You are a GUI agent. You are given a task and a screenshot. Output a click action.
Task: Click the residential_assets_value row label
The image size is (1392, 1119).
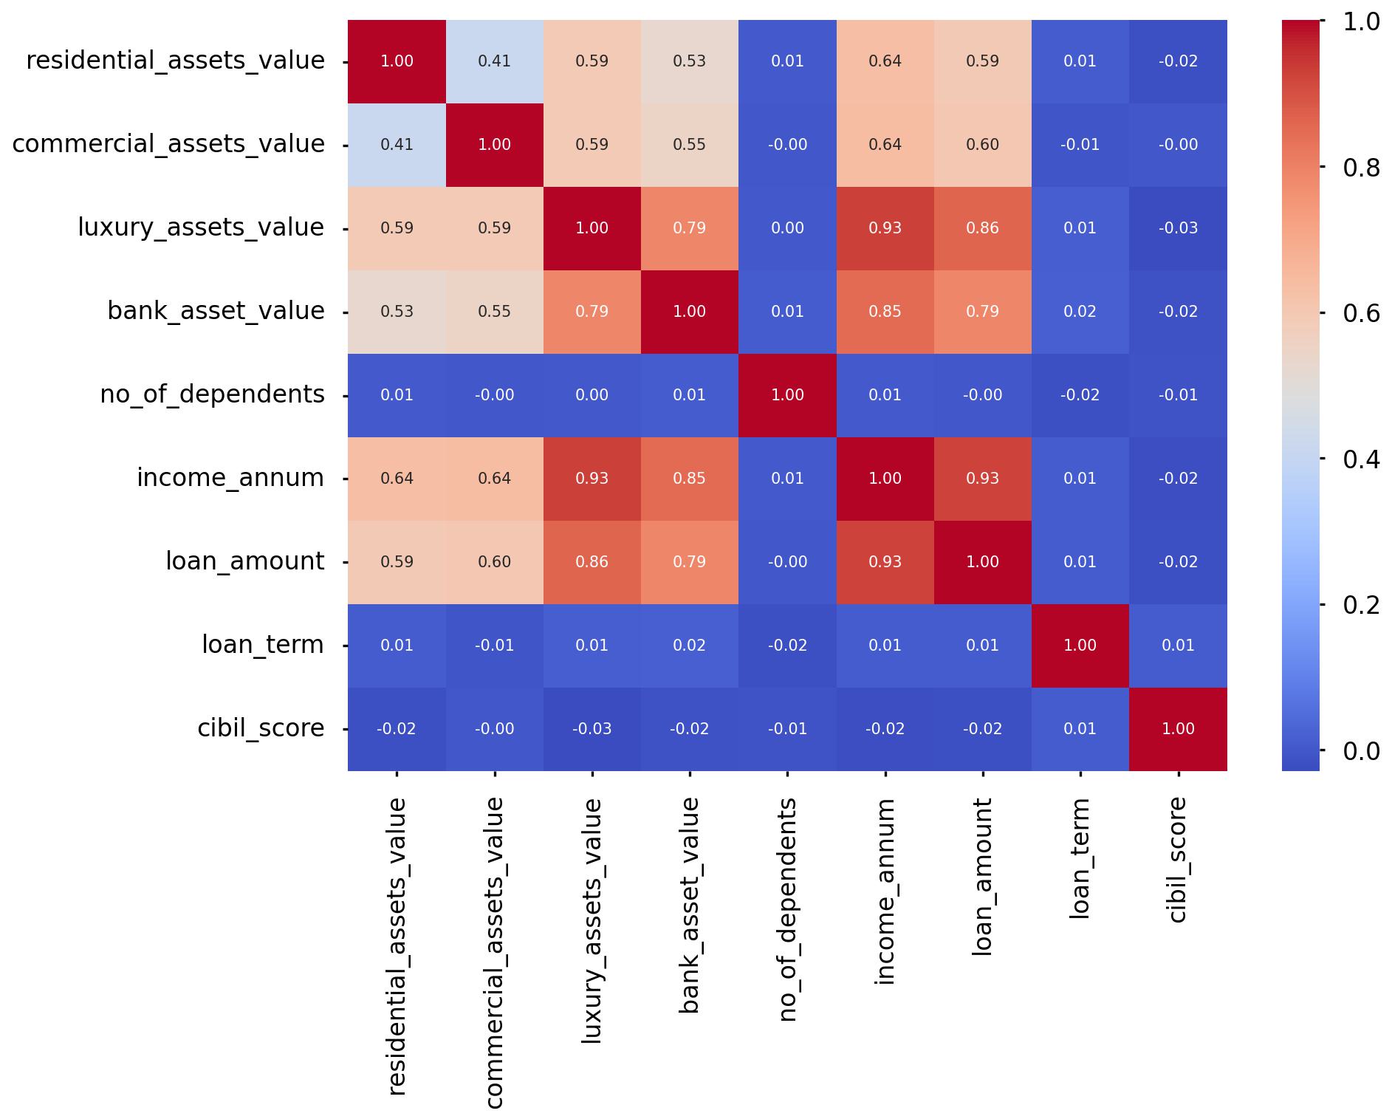pyautogui.click(x=175, y=61)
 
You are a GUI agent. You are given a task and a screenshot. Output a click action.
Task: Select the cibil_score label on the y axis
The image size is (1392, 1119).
pyautogui.click(x=261, y=728)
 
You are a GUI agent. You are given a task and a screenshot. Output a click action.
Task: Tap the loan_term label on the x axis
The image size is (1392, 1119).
pyautogui.click(x=1079, y=858)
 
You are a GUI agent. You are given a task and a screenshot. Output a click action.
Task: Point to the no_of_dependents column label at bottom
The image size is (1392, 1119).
pyautogui.click(x=787, y=909)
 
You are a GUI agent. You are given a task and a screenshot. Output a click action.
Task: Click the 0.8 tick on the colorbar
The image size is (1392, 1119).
pyautogui.click(x=1361, y=168)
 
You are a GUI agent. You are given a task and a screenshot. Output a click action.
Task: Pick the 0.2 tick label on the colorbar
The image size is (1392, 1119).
pyautogui.click(x=1361, y=605)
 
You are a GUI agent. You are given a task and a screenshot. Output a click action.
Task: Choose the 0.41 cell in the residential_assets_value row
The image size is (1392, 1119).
pyautogui.click(x=494, y=61)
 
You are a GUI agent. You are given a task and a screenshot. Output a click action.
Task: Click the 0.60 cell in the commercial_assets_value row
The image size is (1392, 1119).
pyautogui.click(x=982, y=145)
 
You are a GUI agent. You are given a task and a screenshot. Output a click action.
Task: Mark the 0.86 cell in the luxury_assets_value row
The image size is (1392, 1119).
pyautogui.click(x=982, y=228)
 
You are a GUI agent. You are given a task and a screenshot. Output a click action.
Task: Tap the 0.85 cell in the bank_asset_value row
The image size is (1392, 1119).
pyautogui.click(x=885, y=312)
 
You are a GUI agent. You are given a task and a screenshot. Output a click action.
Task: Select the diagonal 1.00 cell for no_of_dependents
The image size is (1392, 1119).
pyautogui.click(x=787, y=395)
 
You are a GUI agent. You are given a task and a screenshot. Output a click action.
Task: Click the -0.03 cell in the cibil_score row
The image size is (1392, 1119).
pyautogui.click(x=592, y=729)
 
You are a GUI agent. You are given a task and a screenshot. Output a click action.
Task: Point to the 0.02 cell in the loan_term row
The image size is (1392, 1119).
pyautogui.click(x=689, y=646)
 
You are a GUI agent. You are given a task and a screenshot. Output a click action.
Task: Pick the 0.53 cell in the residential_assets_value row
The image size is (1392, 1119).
pyautogui.click(x=689, y=61)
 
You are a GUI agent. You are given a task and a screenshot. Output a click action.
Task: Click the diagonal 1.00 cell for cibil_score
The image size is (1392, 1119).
pyautogui.click(x=1178, y=729)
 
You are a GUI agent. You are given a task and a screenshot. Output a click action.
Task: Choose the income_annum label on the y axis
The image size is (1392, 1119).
pyautogui.click(x=230, y=478)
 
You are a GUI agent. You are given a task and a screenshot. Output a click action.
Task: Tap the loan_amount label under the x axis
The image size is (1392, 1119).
pyautogui.click(x=981, y=877)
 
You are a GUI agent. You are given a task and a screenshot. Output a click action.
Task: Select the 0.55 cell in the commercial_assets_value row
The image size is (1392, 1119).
pyautogui.click(x=689, y=145)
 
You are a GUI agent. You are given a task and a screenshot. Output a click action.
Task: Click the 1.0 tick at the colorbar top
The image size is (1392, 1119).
pyautogui.click(x=1361, y=22)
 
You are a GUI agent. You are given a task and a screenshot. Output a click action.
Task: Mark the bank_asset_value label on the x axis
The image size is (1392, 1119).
pyautogui.click(x=688, y=906)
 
